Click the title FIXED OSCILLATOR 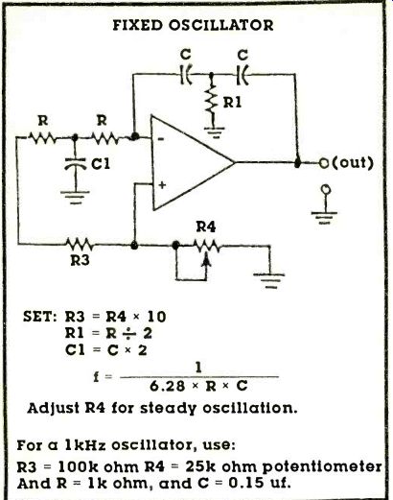(x=193, y=25)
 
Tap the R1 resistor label (x=232, y=103)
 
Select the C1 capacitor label (x=101, y=164)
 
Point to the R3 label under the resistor (x=80, y=260)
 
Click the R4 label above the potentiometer (x=206, y=226)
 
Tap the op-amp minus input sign (x=161, y=139)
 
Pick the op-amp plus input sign (x=162, y=184)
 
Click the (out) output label (x=353, y=163)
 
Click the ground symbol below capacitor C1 (x=75, y=197)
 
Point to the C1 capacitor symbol (x=76, y=163)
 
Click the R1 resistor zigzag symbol (x=211, y=99)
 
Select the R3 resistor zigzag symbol (x=80, y=245)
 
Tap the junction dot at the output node (x=298, y=163)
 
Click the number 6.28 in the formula (x=168, y=387)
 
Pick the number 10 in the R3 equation (x=156, y=317)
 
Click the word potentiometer (x=322, y=467)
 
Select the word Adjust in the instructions (x=54, y=409)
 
